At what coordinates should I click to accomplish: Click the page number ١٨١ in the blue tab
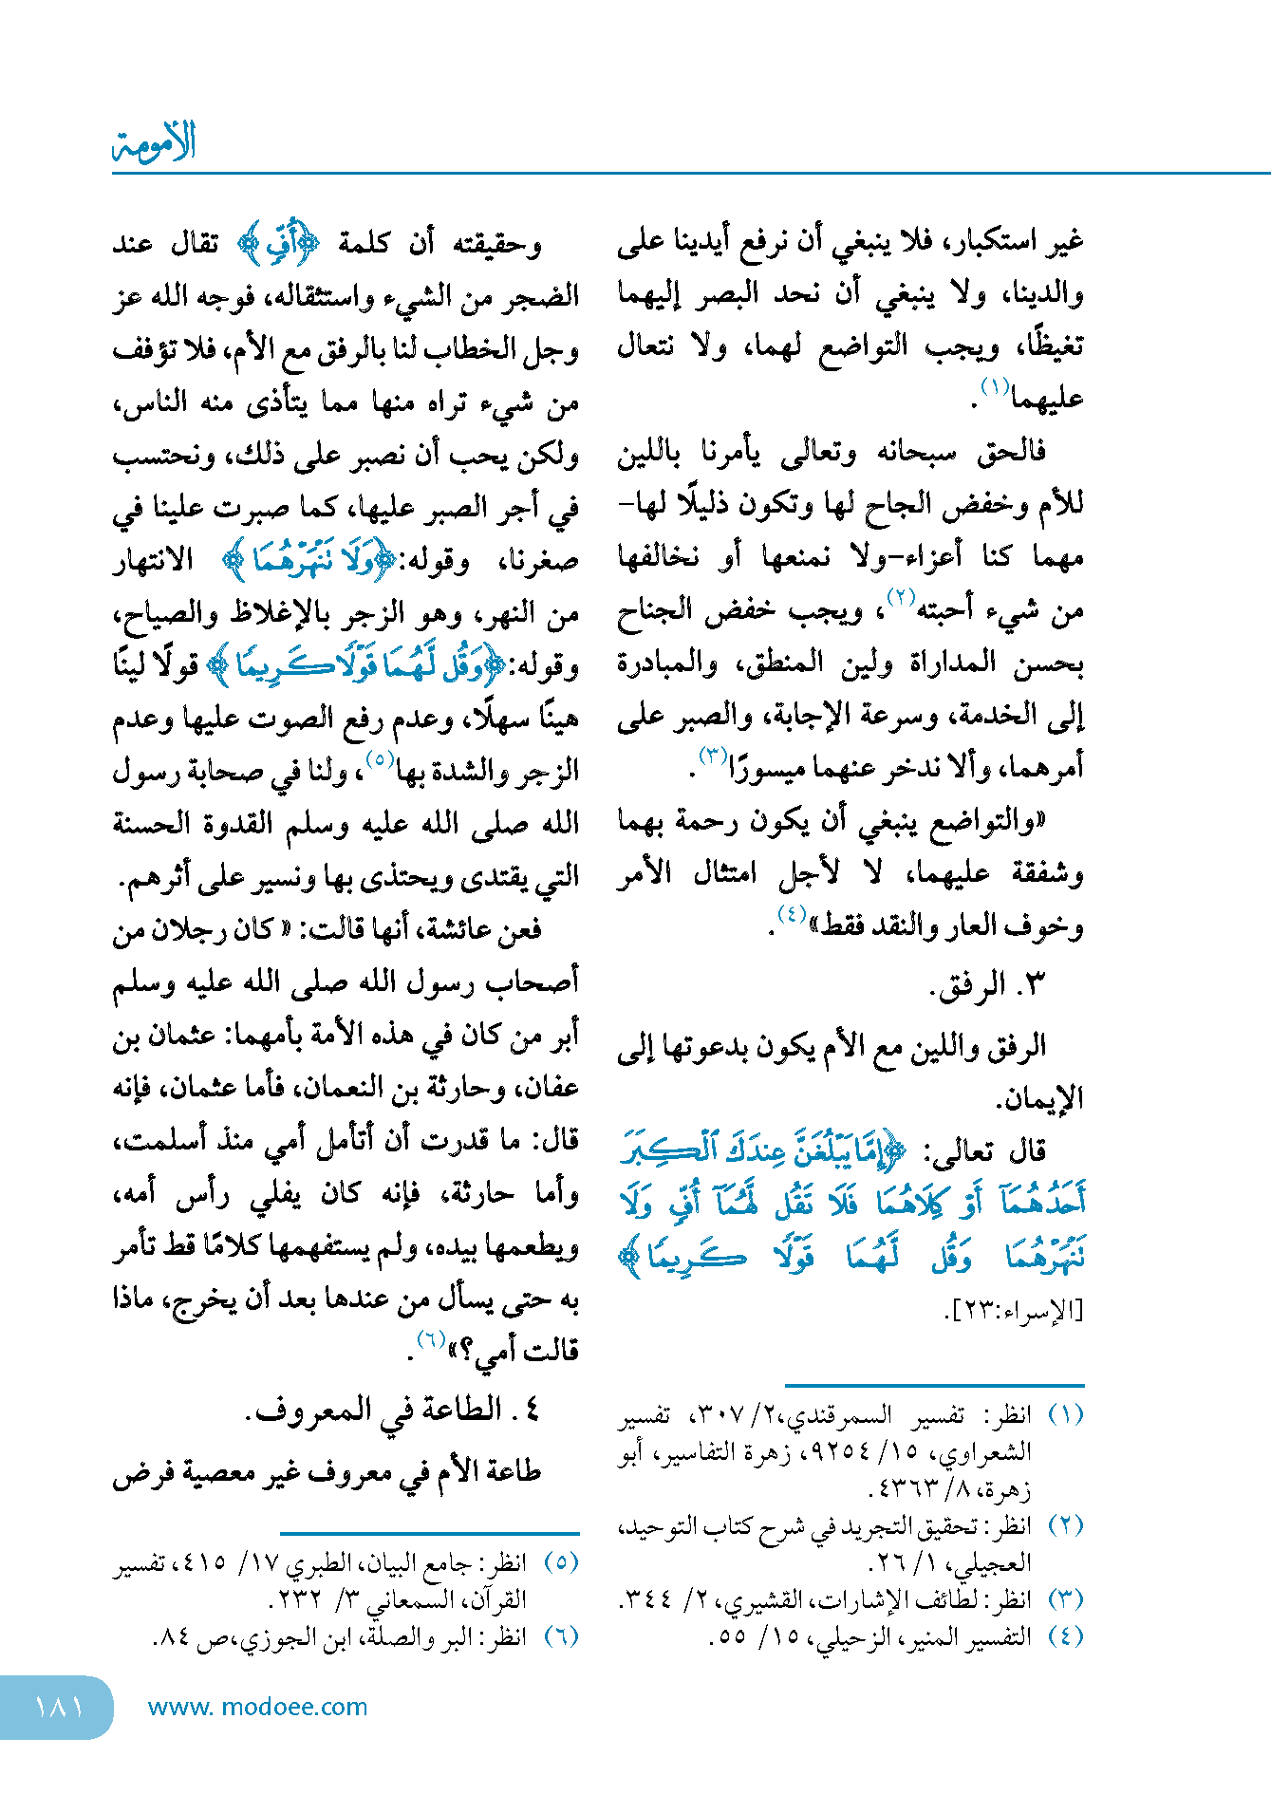click(59, 1706)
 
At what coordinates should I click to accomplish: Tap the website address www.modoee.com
click(257, 1707)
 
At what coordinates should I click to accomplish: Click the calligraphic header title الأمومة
click(154, 143)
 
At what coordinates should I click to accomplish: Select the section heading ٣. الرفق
click(987, 985)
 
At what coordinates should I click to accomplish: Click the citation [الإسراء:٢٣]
click(1014, 1310)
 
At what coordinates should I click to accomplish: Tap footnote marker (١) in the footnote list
click(1065, 1415)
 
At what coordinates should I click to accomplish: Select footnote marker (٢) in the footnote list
click(1065, 1526)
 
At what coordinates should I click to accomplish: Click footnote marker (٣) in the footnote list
click(1065, 1599)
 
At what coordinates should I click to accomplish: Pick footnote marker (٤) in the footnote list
click(1065, 1636)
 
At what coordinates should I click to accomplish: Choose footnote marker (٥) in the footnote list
click(561, 1562)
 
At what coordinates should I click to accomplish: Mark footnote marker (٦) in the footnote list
click(561, 1636)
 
